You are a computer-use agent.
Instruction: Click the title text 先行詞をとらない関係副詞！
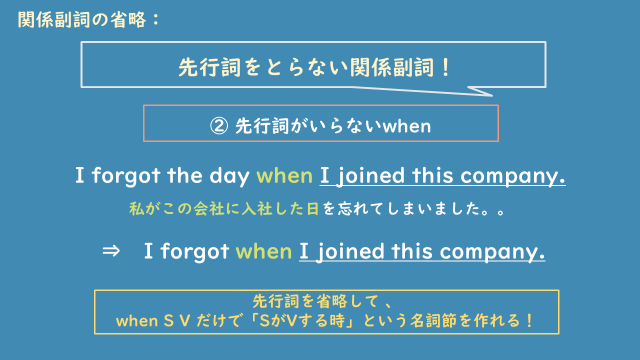pyautogui.click(x=313, y=68)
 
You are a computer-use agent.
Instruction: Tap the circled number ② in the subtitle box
pyautogui.click(x=219, y=127)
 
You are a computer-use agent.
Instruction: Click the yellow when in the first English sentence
pyautogui.click(x=284, y=177)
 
